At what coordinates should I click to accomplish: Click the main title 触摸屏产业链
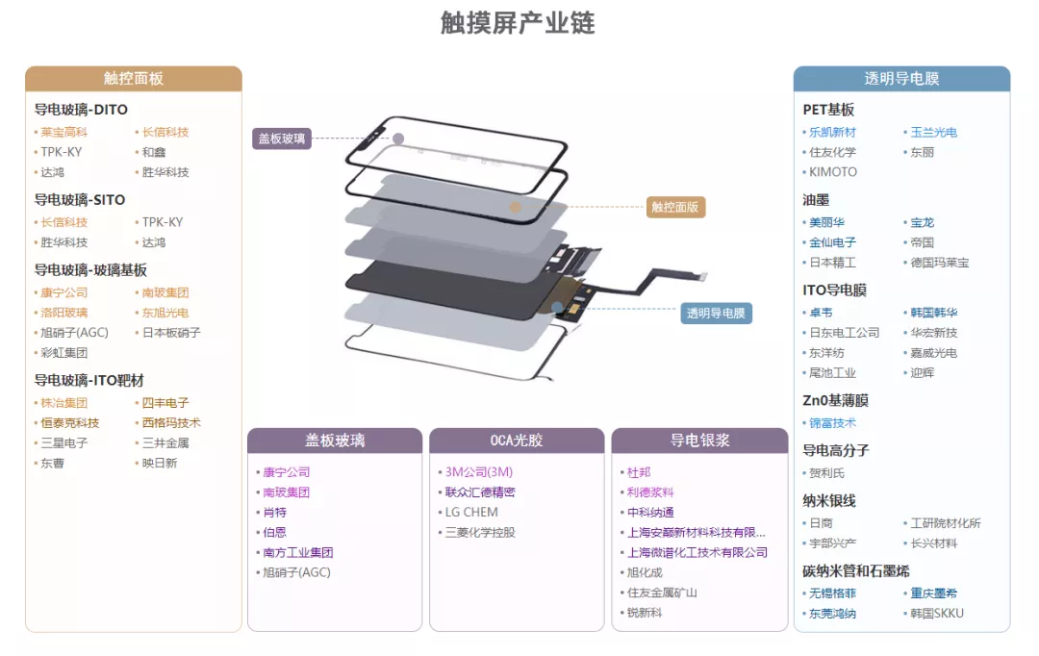coord(518,23)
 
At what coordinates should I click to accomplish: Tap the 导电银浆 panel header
coord(699,441)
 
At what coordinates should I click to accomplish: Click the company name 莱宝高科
coord(63,133)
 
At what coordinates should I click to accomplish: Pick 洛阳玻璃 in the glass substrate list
coord(63,313)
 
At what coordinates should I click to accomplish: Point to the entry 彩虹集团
coord(63,353)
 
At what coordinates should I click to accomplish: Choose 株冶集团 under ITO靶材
coord(63,403)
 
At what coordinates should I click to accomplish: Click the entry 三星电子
coord(63,443)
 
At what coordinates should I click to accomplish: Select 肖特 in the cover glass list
coord(274,513)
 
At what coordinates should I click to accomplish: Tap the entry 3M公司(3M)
coord(478,472)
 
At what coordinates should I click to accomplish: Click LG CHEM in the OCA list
coord(471,513)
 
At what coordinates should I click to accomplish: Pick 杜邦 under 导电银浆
coord(639,472)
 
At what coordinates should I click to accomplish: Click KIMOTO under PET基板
coord(832,172)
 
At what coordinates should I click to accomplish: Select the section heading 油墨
coord(816,200)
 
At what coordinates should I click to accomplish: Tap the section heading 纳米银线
coord(829,501)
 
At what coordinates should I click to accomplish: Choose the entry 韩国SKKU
coord(936,614)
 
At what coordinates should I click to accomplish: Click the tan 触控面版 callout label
coord(675,207)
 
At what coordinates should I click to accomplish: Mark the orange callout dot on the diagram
coord(516,207)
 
